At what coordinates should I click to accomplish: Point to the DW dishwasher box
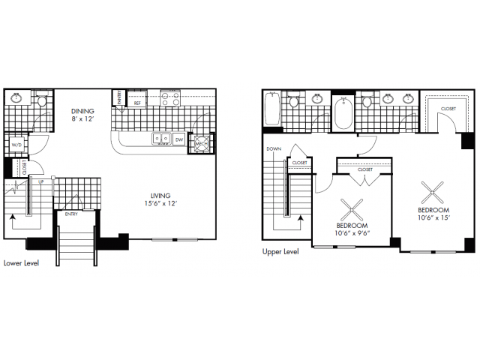(178, 139)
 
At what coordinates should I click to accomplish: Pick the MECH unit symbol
(200, 142)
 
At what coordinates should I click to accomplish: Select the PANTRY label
(118, 97)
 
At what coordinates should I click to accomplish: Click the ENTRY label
(71, 214)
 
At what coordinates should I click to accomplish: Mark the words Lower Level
(21, 263)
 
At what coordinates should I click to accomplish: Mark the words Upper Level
(280, 252)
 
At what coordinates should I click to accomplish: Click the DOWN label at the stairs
(273, 148)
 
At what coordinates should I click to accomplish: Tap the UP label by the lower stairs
(40, 182)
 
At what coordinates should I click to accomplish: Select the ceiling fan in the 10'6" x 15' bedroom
(433, 191)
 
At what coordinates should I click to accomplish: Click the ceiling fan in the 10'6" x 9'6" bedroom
(351, 206)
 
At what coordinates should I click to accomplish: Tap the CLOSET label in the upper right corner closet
(448, 109)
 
